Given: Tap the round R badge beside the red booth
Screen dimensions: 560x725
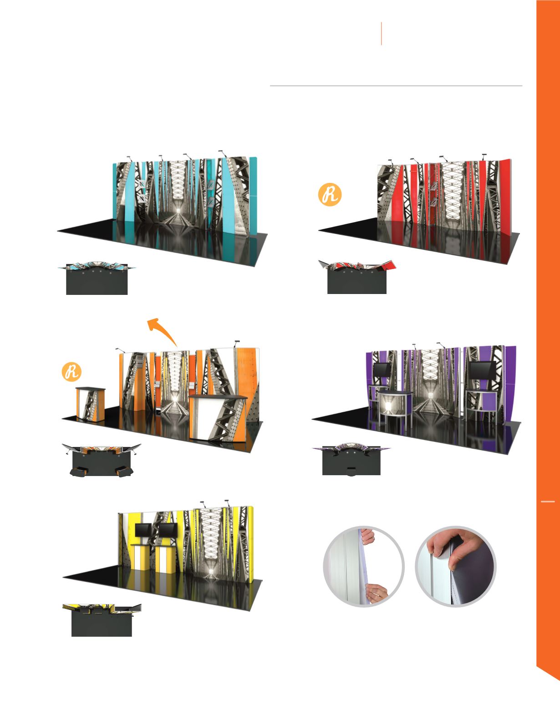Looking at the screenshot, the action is coord(330,194).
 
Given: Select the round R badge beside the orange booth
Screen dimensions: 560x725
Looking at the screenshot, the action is coord(72,372).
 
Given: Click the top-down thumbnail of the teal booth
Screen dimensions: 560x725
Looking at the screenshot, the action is coord(97,278).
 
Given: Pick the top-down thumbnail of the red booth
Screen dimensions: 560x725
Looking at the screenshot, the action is coord(357,277).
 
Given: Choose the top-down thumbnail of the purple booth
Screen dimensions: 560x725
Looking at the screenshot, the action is coord(351,459).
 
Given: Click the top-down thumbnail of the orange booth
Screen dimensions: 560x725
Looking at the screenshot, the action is coord(102,460).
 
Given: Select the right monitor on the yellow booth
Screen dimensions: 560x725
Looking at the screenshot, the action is coord(168,530).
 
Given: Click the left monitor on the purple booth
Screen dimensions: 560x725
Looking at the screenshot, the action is coord(381,370).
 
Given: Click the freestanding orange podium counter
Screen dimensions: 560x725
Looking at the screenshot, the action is coord(91,404).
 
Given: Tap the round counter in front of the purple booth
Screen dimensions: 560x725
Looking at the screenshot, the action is coord(396,407).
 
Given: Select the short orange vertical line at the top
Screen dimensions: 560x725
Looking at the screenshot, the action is coord(381,34).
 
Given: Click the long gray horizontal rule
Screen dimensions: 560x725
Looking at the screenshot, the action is coord(396,86).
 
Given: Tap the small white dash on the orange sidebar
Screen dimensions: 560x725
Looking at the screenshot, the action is coord(548,502).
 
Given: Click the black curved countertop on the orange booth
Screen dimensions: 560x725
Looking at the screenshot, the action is coord(219,396).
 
